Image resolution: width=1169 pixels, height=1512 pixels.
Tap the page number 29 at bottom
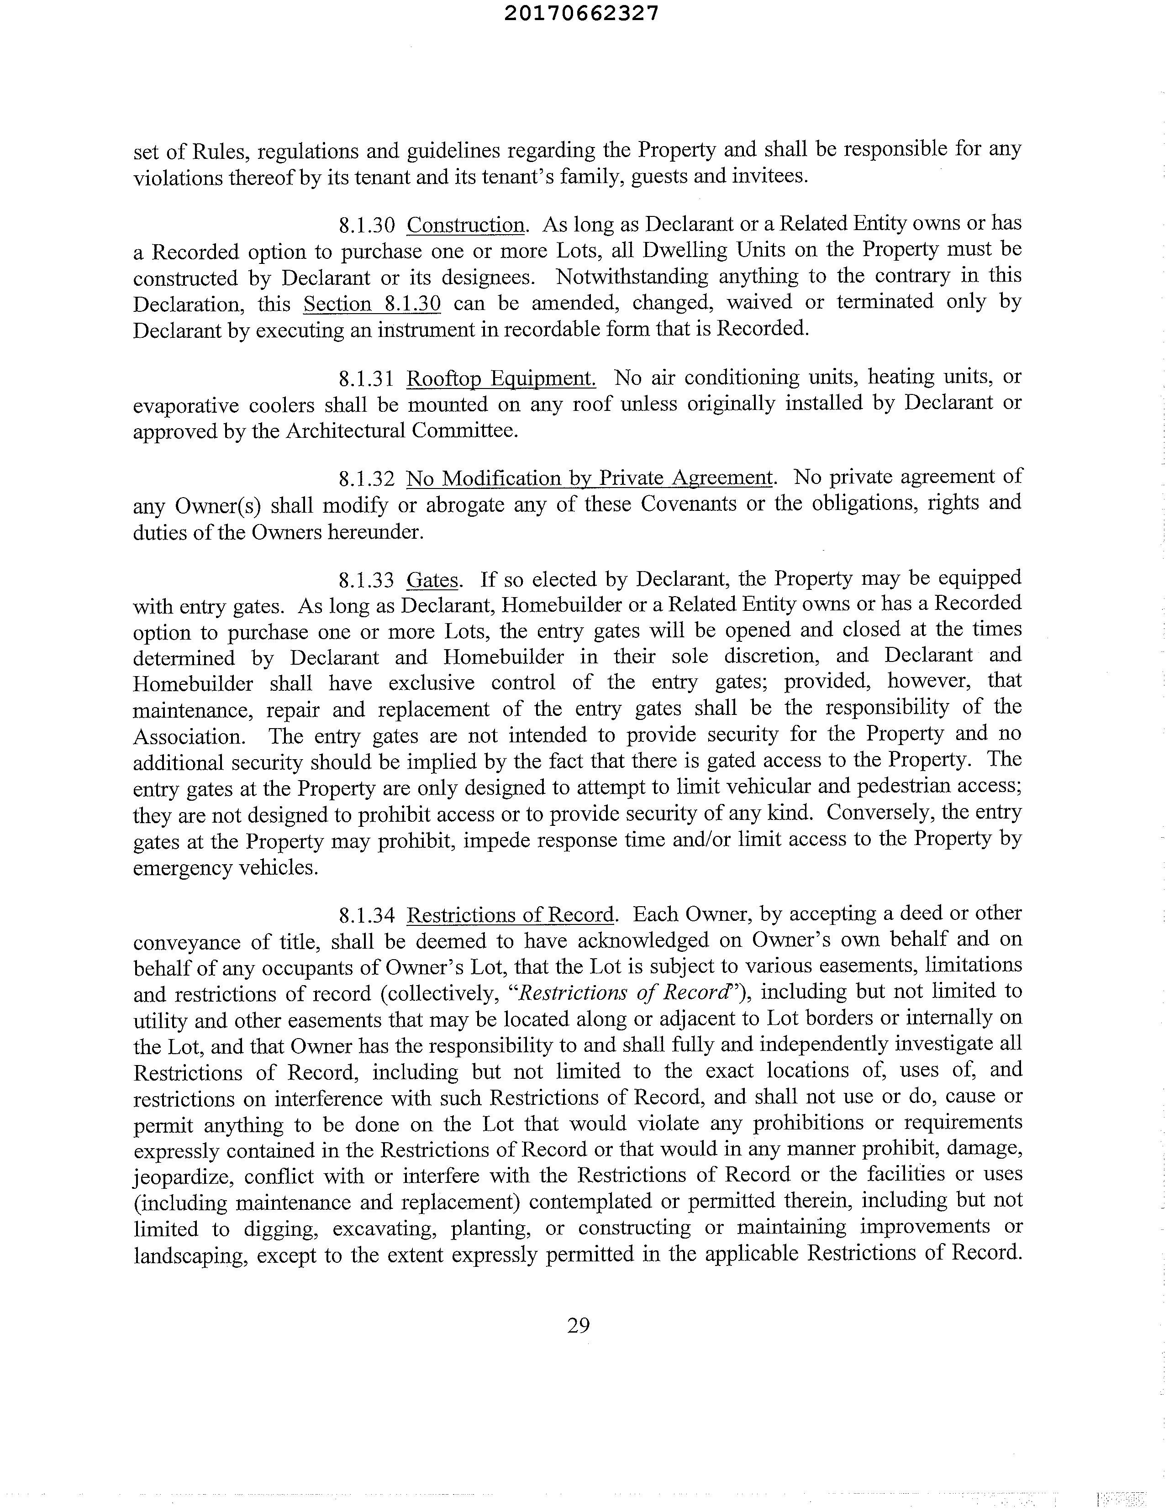tap(578, 1325)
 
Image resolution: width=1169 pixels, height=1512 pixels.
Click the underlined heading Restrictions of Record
tap(511, 915)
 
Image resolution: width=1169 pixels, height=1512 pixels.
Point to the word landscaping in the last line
tap(190, 1255)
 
